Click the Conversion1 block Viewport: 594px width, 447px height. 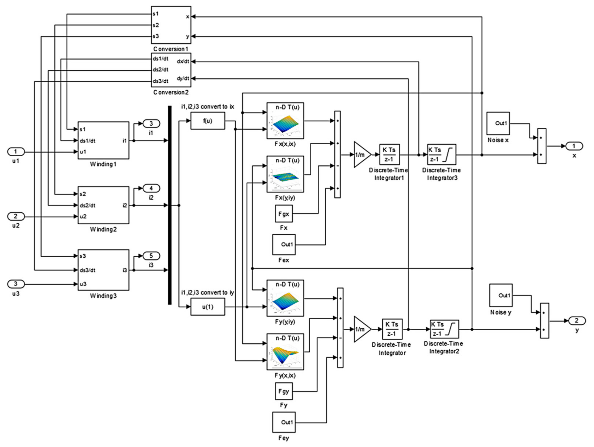click(x=171, y=25)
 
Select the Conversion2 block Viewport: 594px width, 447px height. click(x=171, y=70)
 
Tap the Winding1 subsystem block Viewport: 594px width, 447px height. click(x=103, y=140)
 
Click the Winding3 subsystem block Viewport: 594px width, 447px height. click(x=103, y=270)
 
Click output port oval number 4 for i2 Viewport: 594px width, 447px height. click(x=151, y=188)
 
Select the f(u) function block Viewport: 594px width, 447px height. click(x=208, y=121)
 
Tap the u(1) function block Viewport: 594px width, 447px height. click(x=208, y=307)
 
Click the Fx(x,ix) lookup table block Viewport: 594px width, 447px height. click(x=285, y=121)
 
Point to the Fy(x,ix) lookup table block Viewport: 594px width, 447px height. click(x=285, y=352)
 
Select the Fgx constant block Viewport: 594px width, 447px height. click(x=284, y=214)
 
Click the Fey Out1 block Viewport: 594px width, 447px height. click(x=284, y=422)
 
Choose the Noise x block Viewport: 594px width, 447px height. click(x=498, y=123)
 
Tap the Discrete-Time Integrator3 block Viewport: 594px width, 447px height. click(x=441, y=155)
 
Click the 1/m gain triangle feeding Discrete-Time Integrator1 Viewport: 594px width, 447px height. click(x=361, y=155)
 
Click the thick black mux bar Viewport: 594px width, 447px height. click(x=170, y=205)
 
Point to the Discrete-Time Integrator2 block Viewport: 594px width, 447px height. click(x=444, y=329)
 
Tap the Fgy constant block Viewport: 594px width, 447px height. click(x=284, y=391)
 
